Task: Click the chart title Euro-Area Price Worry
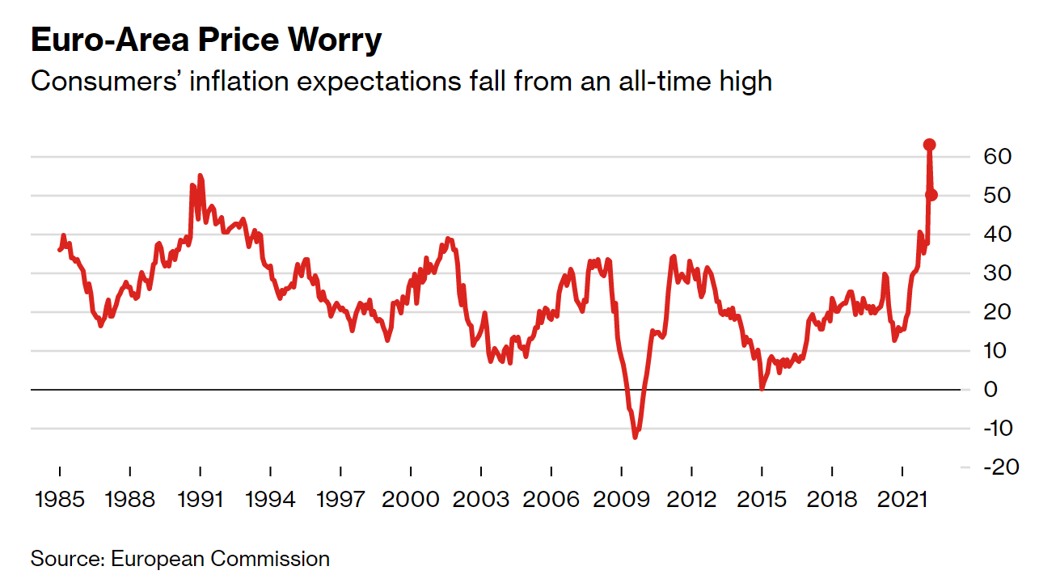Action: coord(205,40)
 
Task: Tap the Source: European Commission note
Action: coord(180,559)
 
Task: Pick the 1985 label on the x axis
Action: coord(60,499)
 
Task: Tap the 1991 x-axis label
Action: coord(200,499)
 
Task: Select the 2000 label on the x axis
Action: coord(411,499)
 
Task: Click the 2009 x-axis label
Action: coord(621,499)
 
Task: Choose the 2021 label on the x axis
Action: coord(902,499)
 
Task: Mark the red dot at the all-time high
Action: coord(930,145)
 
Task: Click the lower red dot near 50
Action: coord(931,195)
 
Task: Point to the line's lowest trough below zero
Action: coord(635,437)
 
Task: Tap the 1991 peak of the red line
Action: coord(200,175)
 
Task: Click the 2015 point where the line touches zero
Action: coord(762,389)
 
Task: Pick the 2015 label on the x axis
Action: coord(762,499)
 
